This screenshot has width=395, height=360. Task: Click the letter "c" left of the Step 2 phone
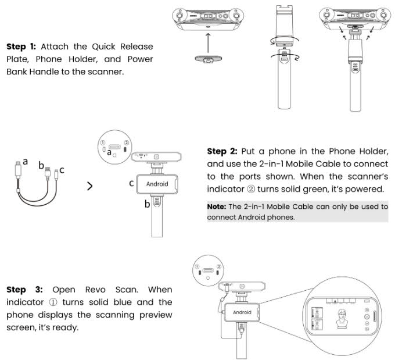132,183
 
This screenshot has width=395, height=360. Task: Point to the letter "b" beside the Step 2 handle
147,204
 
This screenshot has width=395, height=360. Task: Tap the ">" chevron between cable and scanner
89,186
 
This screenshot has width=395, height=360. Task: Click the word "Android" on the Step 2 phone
157,184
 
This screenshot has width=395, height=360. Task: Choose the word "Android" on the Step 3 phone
242,312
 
